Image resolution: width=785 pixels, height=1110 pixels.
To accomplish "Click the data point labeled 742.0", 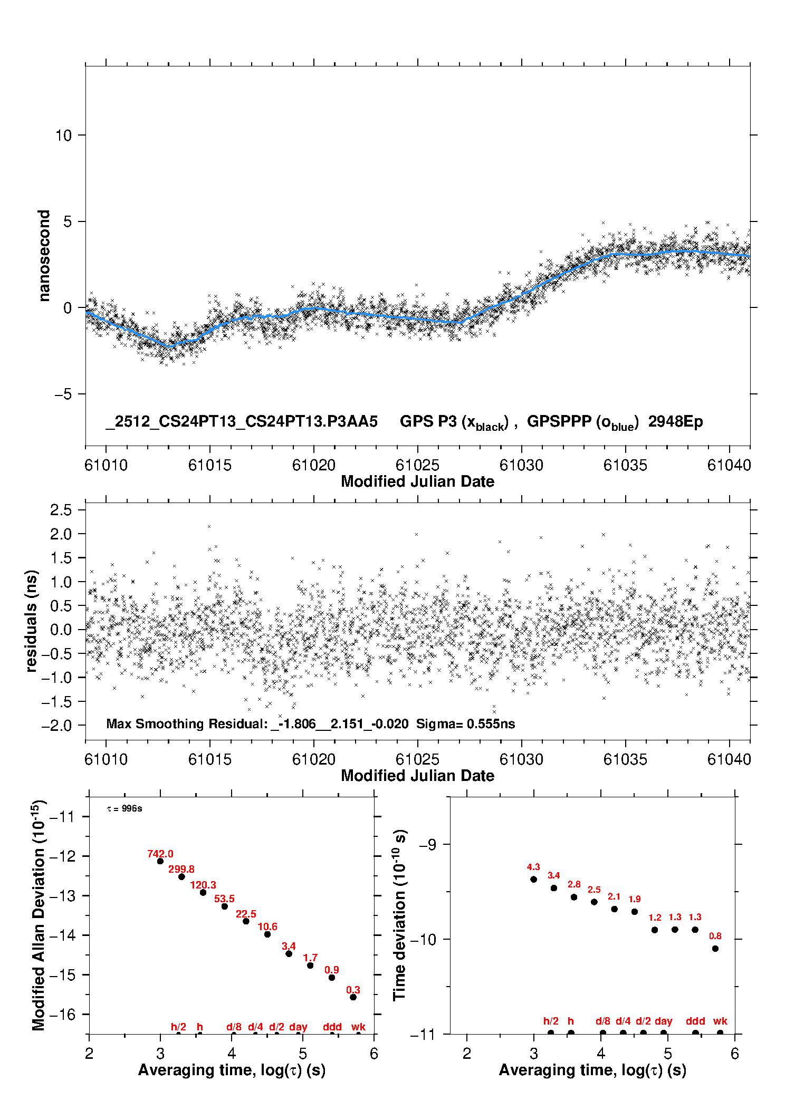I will tap(160, 861).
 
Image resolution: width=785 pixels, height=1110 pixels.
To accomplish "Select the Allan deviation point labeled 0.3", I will tap(353, 997).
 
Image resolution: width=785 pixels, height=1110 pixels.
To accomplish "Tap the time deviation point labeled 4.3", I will tap(533, 879).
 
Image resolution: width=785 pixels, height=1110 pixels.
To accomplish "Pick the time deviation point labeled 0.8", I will tap(715, 949).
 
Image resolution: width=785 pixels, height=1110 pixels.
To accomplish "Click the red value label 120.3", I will tap(203, 885).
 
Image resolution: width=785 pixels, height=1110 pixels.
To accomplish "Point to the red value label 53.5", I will tap(224, 899).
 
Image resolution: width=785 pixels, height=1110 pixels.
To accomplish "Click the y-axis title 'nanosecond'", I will tap(44, 256).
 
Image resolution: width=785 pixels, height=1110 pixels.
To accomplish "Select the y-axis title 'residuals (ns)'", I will tap(32, 621).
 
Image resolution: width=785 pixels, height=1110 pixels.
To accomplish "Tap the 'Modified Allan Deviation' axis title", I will tap(38, 915).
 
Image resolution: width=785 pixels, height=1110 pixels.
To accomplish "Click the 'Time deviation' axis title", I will tap(399, 915).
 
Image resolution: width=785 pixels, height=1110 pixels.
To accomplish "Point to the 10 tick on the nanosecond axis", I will tap(63, 136).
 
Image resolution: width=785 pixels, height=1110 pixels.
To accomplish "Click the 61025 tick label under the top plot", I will tap(417, 465).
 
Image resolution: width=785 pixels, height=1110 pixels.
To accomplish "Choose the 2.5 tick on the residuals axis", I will tap(61, 510).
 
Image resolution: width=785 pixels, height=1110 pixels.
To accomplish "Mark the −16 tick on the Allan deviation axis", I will tap(62, 1014).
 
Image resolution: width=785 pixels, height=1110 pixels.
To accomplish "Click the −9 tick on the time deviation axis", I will tap(427, 845).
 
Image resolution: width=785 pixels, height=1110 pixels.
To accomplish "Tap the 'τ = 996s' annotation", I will tap(125, 809).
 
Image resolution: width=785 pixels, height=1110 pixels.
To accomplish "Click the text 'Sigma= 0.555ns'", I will tap(465, 723).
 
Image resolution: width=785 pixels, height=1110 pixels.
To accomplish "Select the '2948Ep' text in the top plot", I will tap(675, 422).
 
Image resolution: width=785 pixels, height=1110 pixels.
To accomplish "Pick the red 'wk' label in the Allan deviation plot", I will tap(358, 1027).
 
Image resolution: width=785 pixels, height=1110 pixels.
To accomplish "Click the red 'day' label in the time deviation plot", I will tap(663, 1021).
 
